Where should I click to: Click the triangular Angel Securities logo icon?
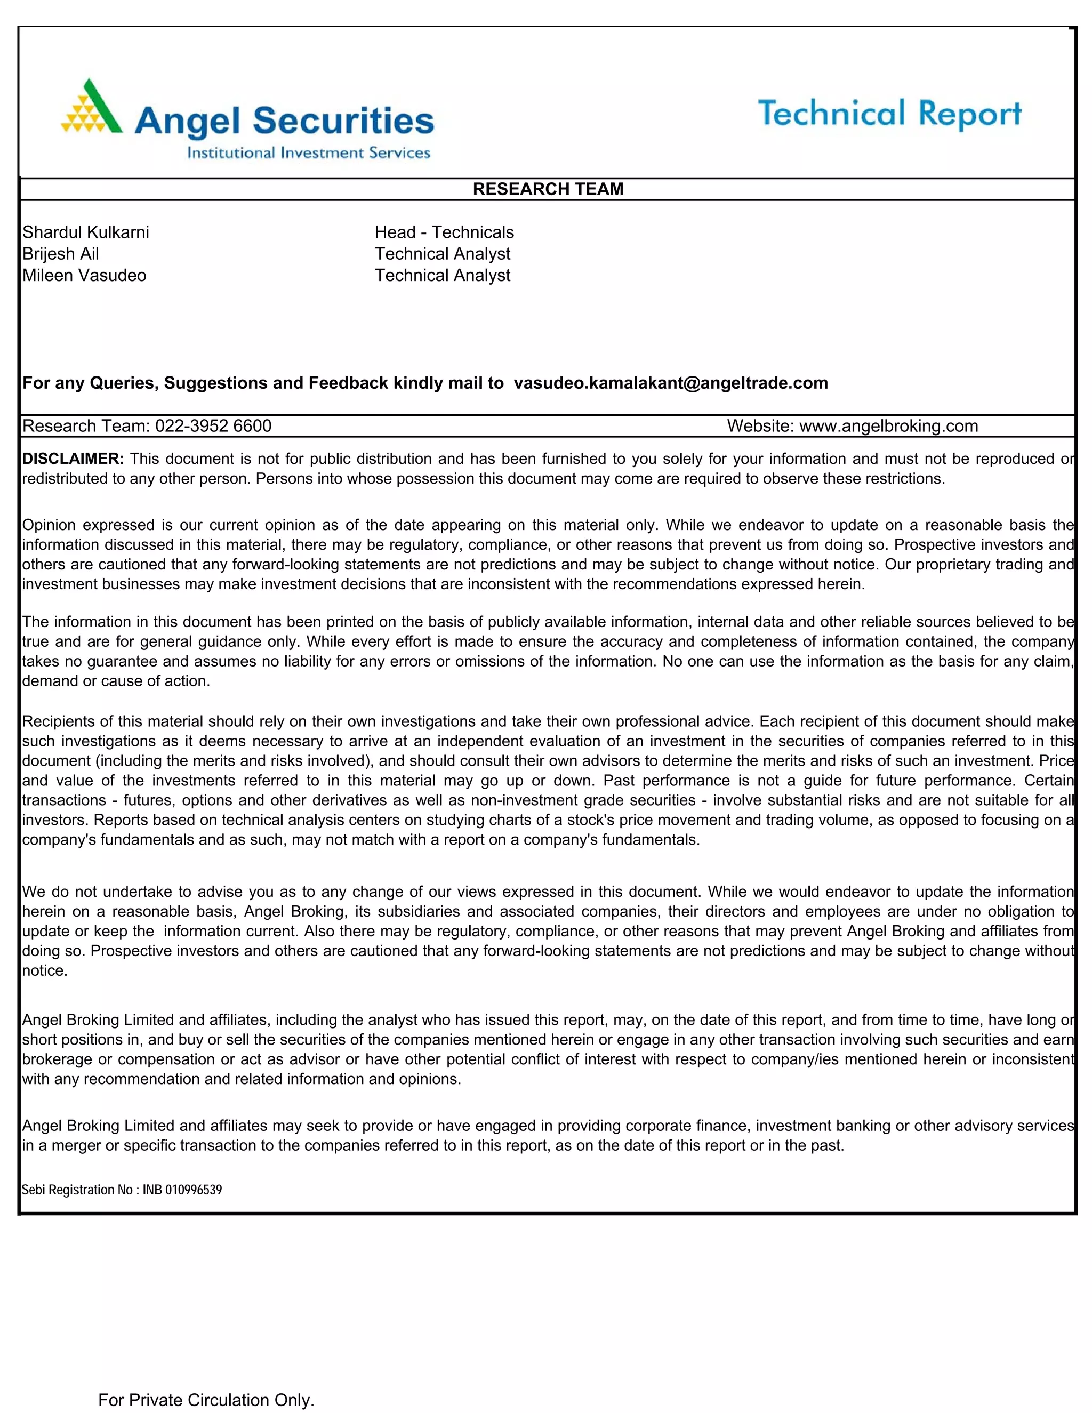tap(91, 108)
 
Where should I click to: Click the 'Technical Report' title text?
tap(889, 114)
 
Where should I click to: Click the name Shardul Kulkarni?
tap(85, 232)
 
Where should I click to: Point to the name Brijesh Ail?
tap(60, 254)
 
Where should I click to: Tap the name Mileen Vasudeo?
tap(84, 276)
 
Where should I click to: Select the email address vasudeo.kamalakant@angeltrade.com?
tap(670, 383)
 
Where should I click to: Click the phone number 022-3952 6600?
tap(213, 425)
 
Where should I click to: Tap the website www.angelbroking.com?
tap(888, 425)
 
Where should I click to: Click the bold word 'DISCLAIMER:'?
tap(73, 459)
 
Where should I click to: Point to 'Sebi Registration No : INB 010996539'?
tap(122, 1190)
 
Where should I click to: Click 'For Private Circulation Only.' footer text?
tap(206, 1400)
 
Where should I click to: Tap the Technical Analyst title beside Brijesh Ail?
tap(443, 254)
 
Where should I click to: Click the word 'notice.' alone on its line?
tap(45, 970)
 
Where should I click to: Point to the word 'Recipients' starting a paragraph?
tap(57, 721)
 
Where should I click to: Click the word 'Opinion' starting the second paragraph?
tap(49, 525)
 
